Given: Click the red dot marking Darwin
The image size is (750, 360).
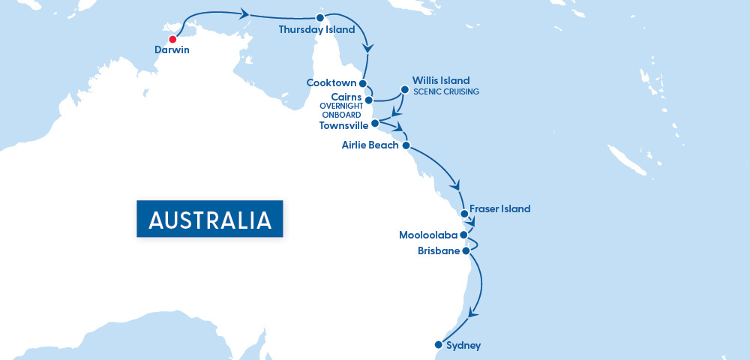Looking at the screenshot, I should coord(172,39).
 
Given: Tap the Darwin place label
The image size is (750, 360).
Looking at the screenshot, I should coord(172,50).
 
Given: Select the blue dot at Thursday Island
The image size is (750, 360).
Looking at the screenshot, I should coord(320,17).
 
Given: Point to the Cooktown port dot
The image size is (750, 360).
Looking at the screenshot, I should coord(362,83).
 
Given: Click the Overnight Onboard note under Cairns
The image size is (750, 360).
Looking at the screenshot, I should coord(341,110).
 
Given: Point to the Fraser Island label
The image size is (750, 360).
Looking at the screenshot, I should coord(499,209).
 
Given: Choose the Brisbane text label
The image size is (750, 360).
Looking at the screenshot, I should coord(439,251).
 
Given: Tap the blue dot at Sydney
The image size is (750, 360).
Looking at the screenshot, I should coord(438,345).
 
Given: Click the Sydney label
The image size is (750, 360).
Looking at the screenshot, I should coord(463,346).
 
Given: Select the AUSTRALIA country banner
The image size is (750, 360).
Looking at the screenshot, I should coord(209,219).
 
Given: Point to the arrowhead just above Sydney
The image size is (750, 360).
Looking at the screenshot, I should coord(471,313).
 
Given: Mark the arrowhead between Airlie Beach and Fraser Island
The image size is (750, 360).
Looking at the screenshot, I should coord(454,186).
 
